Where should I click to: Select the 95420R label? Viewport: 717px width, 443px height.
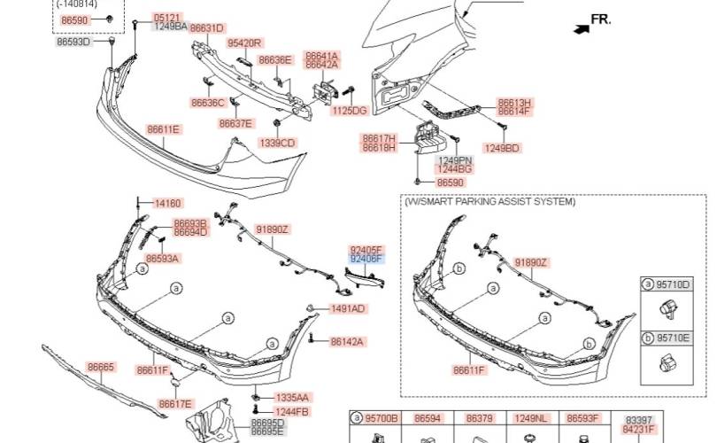click(x=244, y=43)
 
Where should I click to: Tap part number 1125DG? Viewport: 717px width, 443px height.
click(x=350, y=110)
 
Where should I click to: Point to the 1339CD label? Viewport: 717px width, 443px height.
click(x=278, y=144)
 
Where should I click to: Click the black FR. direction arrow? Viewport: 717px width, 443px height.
click(x=582, y=29)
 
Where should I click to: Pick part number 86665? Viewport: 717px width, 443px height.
click(x=101, y=367)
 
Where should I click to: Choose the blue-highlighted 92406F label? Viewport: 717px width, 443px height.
click(x=366, y=259)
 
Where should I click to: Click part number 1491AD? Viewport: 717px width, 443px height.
click(x=348, y=309)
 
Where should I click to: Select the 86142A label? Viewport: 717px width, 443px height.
click(x=347, y=342)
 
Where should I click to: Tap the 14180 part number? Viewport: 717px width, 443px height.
click(x=168, y=203)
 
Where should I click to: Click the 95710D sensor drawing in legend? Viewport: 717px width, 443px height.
click(x=668, y=310)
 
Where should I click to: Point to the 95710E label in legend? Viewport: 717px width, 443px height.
click(x=673, y=338)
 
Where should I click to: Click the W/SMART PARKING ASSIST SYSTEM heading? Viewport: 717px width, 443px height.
click(x=490, y=201)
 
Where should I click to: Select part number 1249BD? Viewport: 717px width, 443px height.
click(x=502, y=148)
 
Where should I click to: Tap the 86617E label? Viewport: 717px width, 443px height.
click(x=175, y=404)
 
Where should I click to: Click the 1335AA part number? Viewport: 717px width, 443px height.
click(x=292, y=398)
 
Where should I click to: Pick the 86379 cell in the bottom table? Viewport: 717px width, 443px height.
click(x=480, y=418)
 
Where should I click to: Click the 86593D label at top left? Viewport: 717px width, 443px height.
click(x=73, y=43)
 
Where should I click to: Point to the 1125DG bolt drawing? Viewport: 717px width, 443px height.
click(x=349, y=90)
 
